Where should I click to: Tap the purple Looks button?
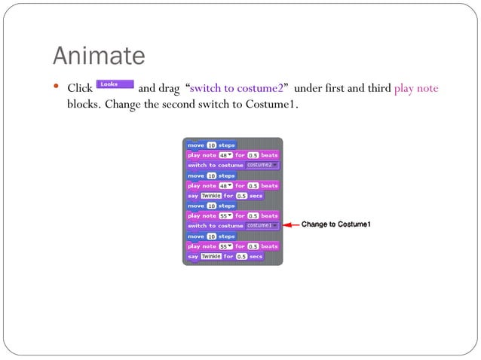[x=115, y=85]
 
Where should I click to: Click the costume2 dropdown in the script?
[x=262, y=165]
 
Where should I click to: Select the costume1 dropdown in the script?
[x=262, y=225]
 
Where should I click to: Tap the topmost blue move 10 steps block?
[x=211, y=145]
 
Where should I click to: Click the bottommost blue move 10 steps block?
[x=211, y=236]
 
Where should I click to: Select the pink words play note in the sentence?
[x=415, y=89]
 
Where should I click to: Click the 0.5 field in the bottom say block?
[x=241, y=256]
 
